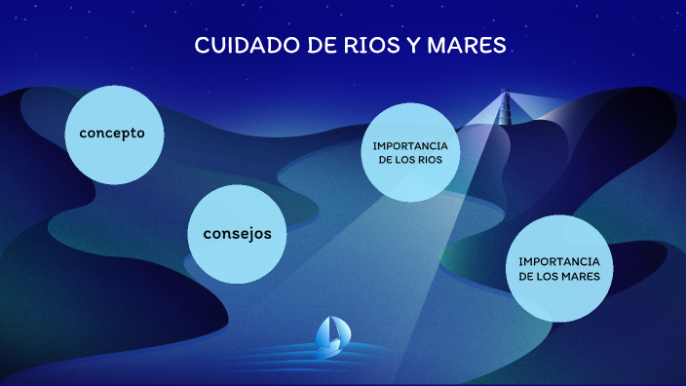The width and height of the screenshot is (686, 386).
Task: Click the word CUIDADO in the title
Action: tap(237, 46)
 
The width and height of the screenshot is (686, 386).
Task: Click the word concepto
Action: tap(112, 133)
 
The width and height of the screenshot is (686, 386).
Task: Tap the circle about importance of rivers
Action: tap(410, 152)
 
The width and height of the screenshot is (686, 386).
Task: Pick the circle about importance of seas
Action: tap(558, 268)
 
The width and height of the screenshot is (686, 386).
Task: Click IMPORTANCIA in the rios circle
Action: tap(410, 145)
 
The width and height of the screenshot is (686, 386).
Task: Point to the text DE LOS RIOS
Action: tap(410, 160)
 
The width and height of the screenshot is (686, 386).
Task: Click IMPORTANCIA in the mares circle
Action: tap(558, 261)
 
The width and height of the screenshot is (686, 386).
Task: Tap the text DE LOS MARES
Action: tap(558, 277)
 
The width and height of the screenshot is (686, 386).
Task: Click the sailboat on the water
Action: tap(331, 335)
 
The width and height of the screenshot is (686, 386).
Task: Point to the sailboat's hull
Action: tap(330, 347)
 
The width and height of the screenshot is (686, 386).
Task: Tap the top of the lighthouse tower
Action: tap(505, 93)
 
